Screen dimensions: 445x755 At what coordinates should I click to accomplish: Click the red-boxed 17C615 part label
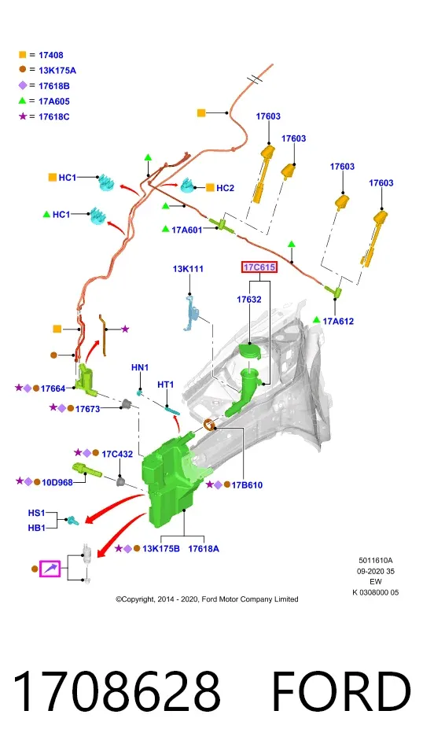[x=259, y=267]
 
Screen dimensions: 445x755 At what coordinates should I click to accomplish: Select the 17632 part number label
[x=249, y=300]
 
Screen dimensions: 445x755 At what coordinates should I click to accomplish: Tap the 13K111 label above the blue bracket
[x=188, y=269]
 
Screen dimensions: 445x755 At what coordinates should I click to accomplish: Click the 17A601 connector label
[x=187, y=230]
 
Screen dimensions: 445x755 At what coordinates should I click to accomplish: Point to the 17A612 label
[x=338, y=321]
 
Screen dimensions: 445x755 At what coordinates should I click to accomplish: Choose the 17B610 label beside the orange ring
[x=247, y=485]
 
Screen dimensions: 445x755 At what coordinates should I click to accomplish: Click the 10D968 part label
[x=57, y=482]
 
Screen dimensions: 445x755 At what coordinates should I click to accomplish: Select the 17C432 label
[x=117, y=454]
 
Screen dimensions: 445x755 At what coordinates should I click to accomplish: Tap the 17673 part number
[x=87, y=409]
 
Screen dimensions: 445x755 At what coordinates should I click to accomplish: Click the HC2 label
[x=225, y=188]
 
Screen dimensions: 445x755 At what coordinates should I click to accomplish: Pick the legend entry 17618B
[x=54, y=86]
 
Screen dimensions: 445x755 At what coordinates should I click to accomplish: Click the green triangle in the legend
[x=22, y=101]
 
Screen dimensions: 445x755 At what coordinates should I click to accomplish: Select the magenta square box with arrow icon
[x=50, y=569]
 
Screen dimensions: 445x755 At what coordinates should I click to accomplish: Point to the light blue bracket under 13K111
[x=191, y=313]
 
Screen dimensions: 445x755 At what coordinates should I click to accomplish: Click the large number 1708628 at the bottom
[x=117, y=691]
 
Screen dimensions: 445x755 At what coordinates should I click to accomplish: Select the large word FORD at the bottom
[x=341, y=691]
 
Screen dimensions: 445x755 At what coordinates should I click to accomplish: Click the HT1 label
[x=166, y=385]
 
